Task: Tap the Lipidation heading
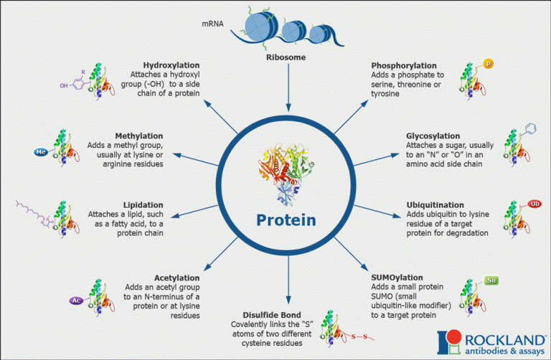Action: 143,204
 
